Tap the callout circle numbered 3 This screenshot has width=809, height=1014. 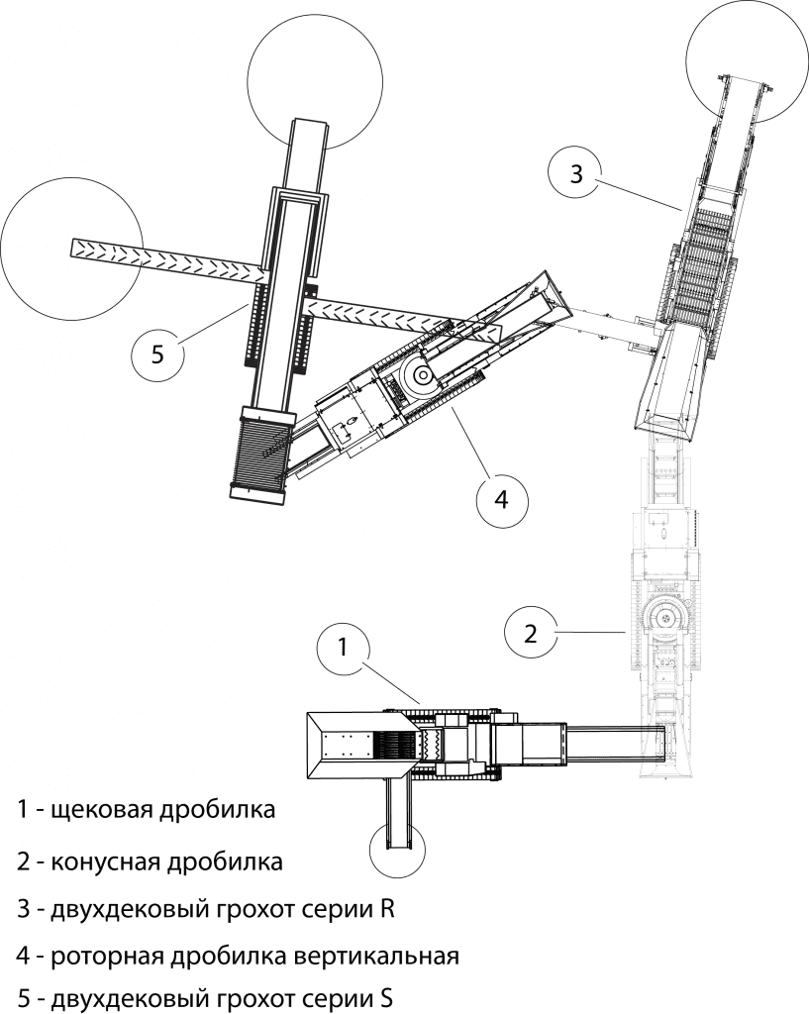(576, 173)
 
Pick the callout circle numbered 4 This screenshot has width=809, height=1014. (502, 498)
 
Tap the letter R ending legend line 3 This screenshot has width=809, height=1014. (387, 909)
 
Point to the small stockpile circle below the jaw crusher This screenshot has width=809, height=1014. (396, 850)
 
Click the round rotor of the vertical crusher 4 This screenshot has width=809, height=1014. (417, 376)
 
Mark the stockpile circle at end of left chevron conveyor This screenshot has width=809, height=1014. (71, 248)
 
